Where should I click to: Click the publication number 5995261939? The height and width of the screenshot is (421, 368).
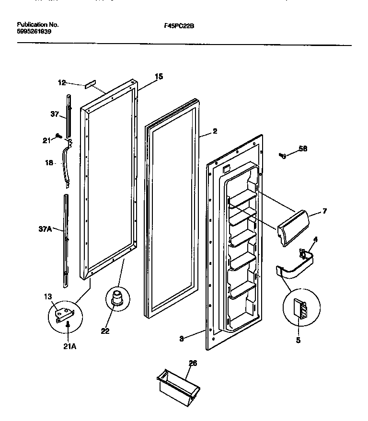[34, 31]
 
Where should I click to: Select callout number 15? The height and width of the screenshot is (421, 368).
[159, 76]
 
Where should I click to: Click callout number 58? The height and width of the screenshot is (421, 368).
[303, 149]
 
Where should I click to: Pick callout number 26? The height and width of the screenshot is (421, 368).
[193, 364]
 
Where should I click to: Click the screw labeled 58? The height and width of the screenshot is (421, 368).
[283, 155]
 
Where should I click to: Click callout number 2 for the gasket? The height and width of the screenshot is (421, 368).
[215, 130]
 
